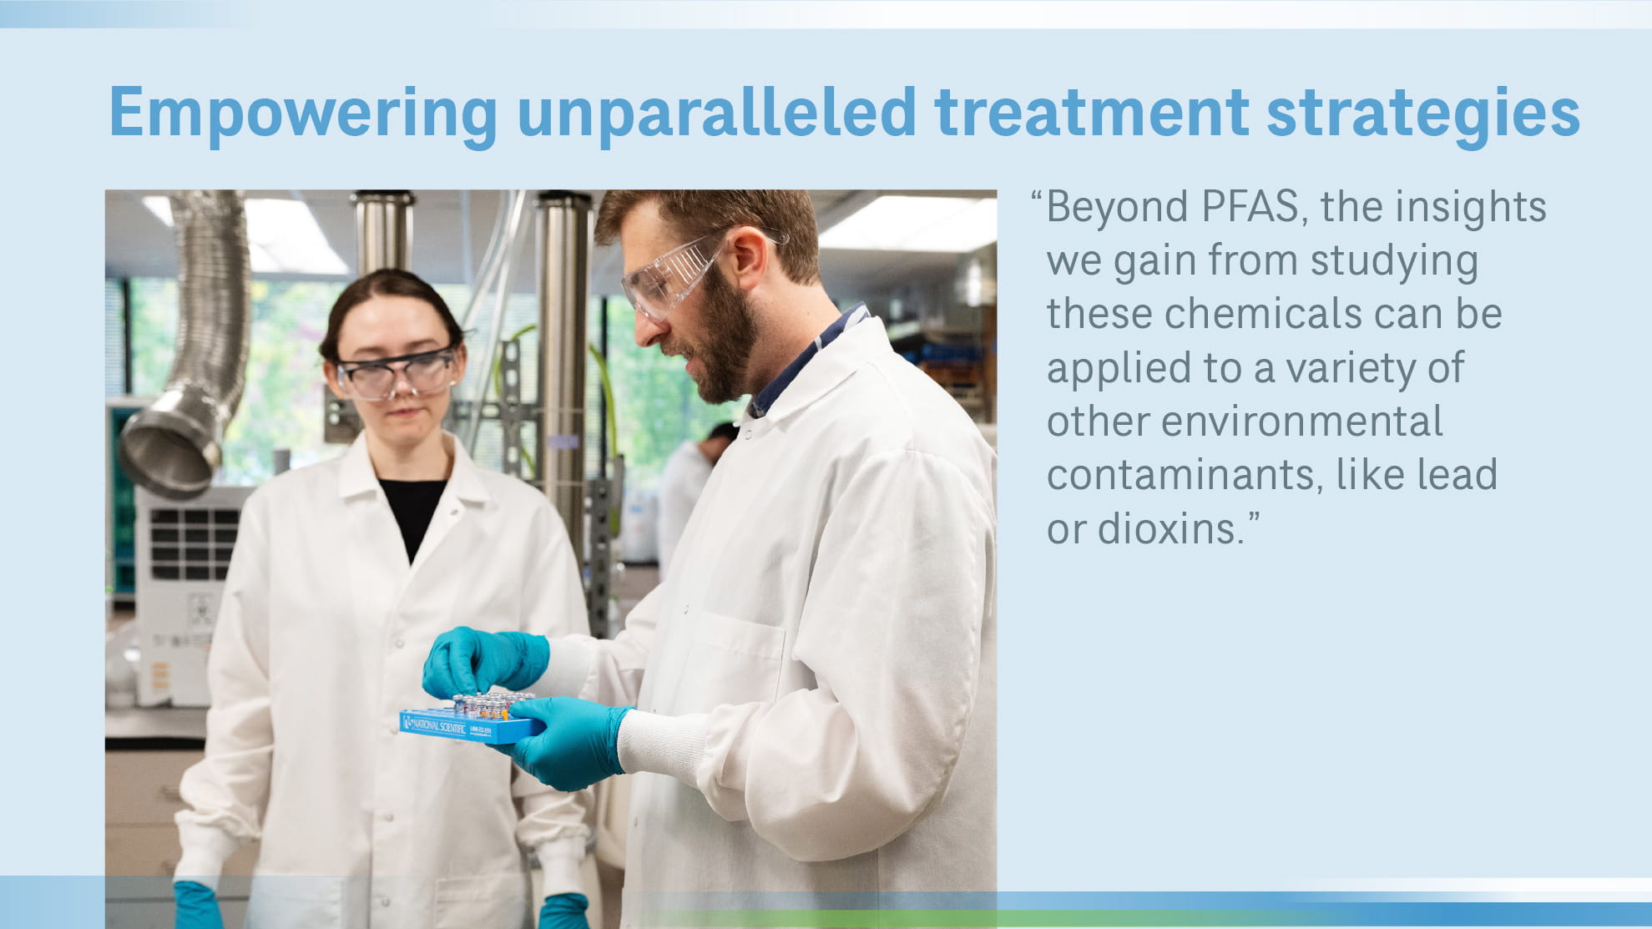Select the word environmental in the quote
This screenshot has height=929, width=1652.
coord(1301,422)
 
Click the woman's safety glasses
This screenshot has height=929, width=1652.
coord(396,374)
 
